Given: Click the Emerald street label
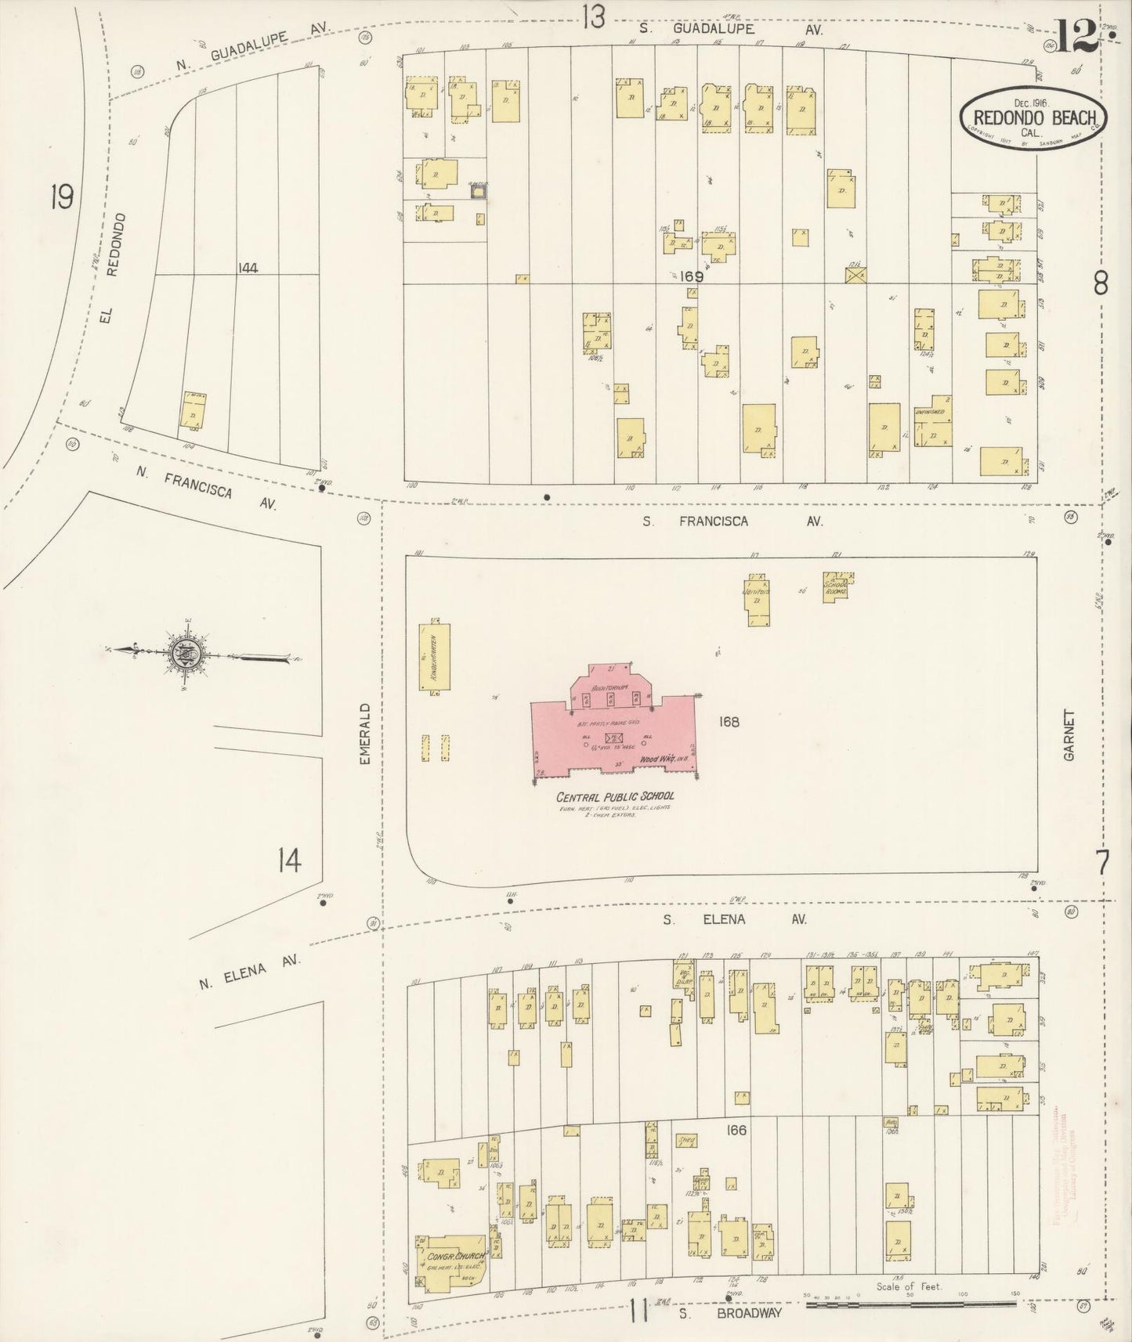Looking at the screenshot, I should (363, 735).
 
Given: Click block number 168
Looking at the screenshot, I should (728, 721).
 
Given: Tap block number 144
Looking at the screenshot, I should (248, 268).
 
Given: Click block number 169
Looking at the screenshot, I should (692, 276).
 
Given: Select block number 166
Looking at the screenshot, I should (736, 1130).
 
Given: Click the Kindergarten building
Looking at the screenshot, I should (435, 657).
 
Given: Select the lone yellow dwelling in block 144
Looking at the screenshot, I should (193, 409).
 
